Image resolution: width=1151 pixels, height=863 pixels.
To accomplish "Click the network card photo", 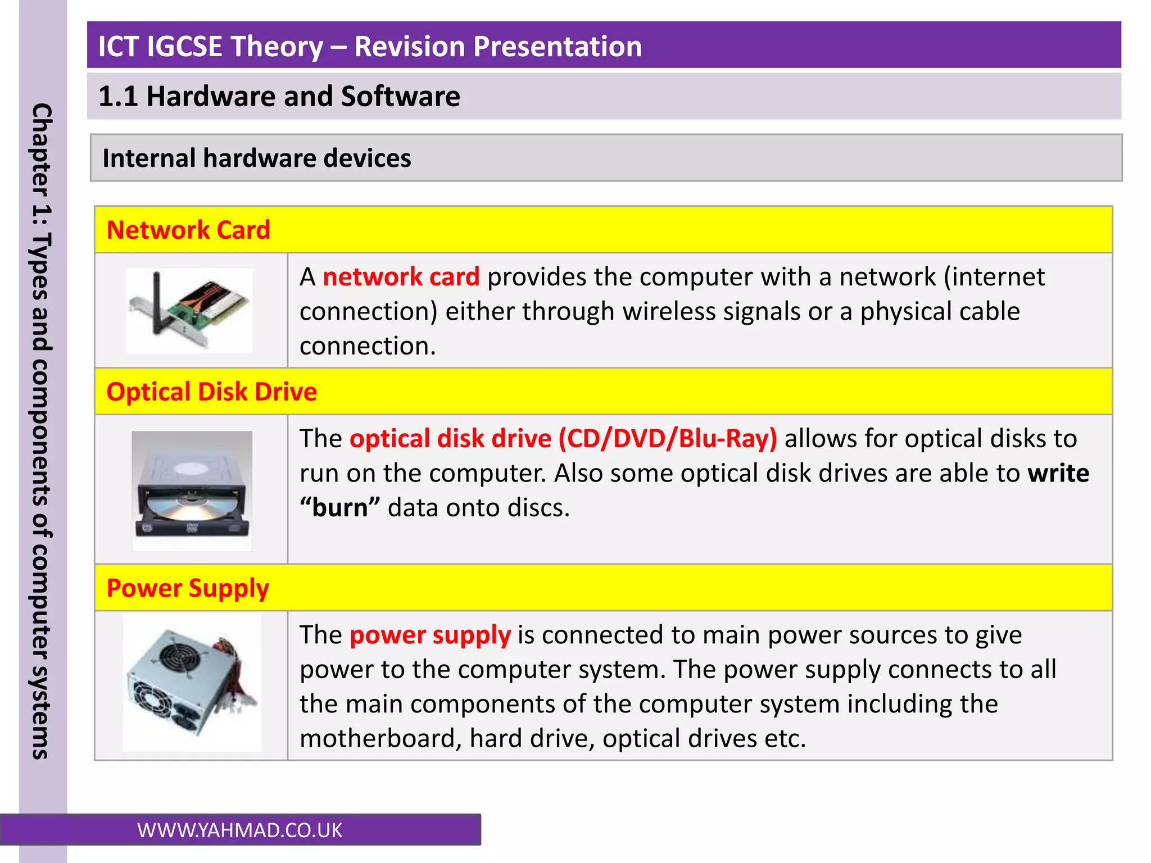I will [x=189, y=311].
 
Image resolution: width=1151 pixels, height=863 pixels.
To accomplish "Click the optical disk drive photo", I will [x=192, y=490].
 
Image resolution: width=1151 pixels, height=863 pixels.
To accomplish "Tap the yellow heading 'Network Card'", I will [x=188, y=230].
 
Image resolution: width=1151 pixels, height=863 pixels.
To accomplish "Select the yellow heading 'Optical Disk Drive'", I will [x=211, y=392].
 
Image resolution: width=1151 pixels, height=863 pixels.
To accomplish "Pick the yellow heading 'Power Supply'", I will [x=188, y=588].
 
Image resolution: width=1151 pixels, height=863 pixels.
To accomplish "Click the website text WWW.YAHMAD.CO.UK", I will [x=239, y=830].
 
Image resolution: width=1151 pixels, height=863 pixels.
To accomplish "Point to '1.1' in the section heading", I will [x=117, y=97].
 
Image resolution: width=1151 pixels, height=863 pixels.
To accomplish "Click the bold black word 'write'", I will [x=1058, y=473].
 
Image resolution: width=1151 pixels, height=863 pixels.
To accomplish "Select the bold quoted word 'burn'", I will [x=339, y=508].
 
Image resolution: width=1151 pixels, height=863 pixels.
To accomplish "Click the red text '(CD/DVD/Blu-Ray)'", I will [x=667, y=439].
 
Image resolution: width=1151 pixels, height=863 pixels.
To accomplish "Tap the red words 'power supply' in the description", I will [x=430, y=635].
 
